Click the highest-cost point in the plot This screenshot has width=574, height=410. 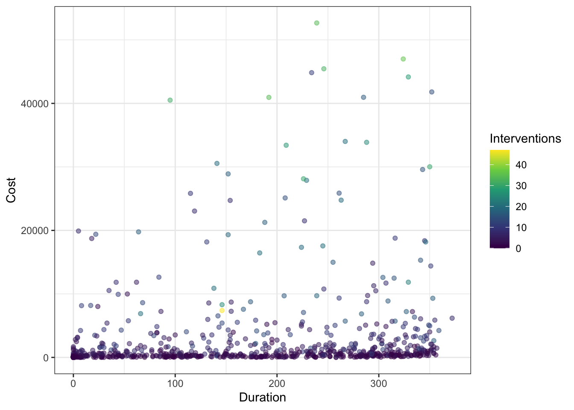[316, 23]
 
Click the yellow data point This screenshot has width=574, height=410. [222, 310]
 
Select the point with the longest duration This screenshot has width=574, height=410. [452, 318]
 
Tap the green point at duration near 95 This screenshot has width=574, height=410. [170, 100]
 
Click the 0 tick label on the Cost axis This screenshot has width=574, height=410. [46, 357]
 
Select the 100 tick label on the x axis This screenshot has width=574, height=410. [175, 384]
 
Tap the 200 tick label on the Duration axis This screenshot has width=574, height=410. [277, 384]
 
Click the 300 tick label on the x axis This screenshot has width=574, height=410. [378, 384]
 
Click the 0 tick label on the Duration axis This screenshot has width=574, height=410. [73, 384]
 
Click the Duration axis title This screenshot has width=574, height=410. [262, 398]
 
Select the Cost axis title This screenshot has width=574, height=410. [11, 190]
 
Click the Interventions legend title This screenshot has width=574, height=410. [525, 138]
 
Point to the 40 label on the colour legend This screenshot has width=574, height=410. [521, 165]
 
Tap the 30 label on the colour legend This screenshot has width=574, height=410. [521, 186]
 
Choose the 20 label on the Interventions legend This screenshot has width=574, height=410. [521, 207]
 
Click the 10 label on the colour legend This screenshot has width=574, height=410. [521, 228]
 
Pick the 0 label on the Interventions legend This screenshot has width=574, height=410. [518, 249]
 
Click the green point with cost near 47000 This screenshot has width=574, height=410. [403, 59]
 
